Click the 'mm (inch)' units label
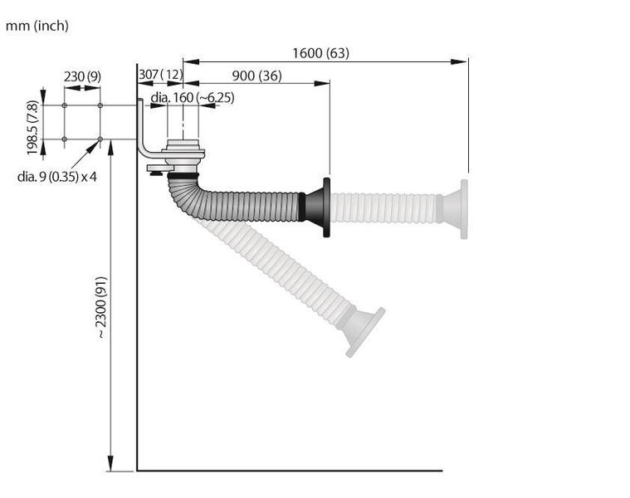coord(37,26)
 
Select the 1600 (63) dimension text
coord(320,53)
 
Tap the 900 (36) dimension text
coord(256,76)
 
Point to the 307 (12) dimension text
coord(159,76)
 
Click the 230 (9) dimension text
coord(82,76)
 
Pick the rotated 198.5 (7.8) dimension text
coord(32,128)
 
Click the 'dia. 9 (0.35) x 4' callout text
coord(57,177)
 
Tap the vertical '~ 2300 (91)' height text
coord(100,306)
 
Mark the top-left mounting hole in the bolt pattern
coord(65,105)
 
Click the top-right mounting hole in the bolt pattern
coord(100,105)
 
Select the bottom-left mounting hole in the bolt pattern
coord(65,139)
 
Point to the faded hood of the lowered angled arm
coord(365,330)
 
